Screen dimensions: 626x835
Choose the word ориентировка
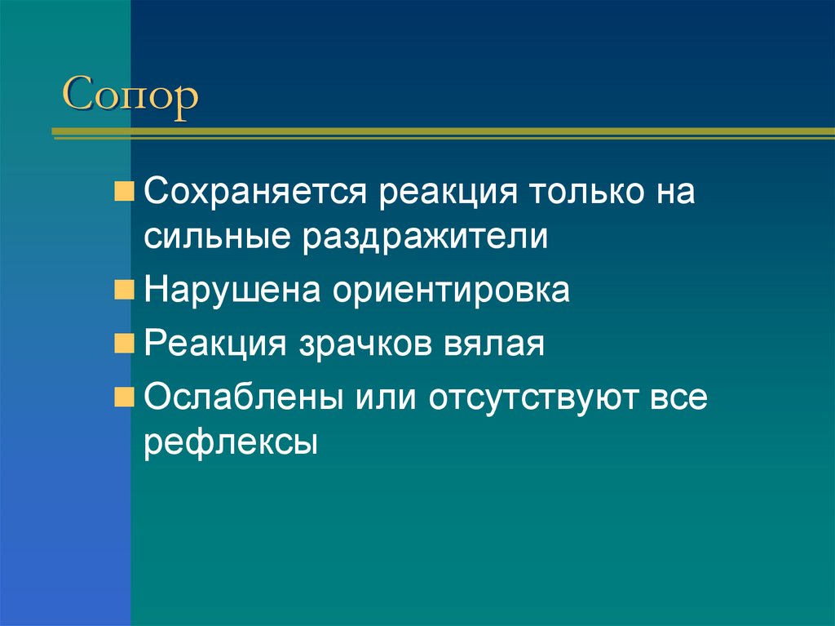[450, 291]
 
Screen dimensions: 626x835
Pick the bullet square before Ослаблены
[125, 397]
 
